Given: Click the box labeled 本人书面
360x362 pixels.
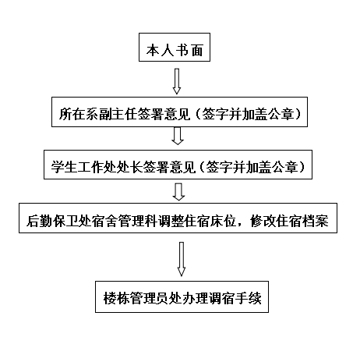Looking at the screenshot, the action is point(175,47).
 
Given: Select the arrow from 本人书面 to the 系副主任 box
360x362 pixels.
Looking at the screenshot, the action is point(177,81).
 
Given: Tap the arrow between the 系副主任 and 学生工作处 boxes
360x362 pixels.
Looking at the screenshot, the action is point(178,136).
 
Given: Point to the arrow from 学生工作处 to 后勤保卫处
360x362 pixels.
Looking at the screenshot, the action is point(178,192).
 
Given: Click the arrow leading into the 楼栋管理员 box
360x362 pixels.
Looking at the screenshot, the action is point(182,259).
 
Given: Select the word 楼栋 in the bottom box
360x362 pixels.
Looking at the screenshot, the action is point(116,298).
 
